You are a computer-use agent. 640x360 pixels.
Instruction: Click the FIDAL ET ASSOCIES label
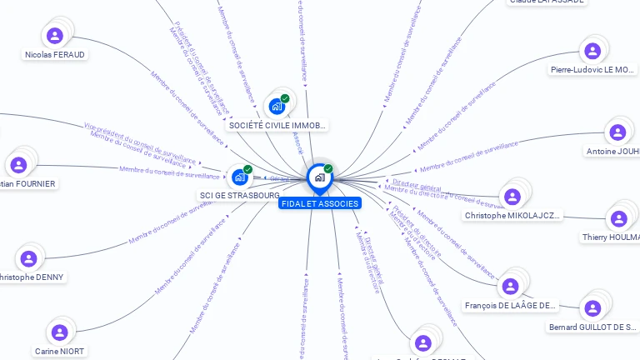pos(320,203)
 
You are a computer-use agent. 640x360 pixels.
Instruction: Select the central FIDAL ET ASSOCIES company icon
pos(319,177)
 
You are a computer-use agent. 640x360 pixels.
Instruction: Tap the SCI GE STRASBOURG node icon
pos(239,177)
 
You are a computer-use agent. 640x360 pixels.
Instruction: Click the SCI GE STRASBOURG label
pos(239,196)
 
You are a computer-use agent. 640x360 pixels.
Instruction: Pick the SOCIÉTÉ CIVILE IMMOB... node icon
pos(277,107)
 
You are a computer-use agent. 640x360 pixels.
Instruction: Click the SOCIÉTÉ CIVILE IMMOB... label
pos(277,126)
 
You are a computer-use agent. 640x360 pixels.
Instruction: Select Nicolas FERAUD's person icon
pos(55,36)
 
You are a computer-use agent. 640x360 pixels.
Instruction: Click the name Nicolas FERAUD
pos(55,55)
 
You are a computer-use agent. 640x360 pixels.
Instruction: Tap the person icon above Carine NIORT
pos(59,332)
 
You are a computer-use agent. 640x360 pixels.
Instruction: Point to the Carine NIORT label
pos(60,352)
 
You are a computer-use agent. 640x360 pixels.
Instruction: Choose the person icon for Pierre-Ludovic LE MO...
pos(592,51)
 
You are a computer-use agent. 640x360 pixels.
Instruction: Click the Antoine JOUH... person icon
pos(617,132)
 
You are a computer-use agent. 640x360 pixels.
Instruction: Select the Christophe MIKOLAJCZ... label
pos(512,216)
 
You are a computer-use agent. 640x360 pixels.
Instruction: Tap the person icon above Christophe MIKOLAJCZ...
pos(512,197)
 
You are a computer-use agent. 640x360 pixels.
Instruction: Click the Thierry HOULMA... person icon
pos(618,219)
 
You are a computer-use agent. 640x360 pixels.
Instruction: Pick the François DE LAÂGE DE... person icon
pos(509,287)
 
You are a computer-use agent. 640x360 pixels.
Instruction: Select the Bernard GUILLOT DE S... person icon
pos(592,308)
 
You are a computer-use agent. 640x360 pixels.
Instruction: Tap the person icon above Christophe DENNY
pos(29,258)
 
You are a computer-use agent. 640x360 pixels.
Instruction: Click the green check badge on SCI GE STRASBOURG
pos(247,169)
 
